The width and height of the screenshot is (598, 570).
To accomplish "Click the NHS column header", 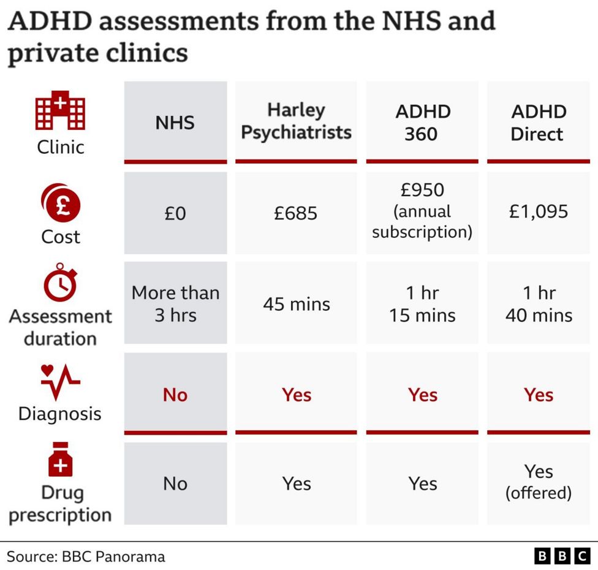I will click(x=175, y=122).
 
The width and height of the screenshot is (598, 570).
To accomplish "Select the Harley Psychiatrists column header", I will click(x=296, y=121).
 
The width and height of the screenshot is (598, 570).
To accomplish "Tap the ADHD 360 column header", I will click(x=422, y=122).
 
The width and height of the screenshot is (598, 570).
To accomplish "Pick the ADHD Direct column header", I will click(x=538, y=122).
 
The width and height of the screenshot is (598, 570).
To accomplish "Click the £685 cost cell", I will click(x=296, y=213).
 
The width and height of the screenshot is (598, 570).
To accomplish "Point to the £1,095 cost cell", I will click(x=538, y=211).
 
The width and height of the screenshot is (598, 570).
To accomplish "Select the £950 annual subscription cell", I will click(x=422, y=211).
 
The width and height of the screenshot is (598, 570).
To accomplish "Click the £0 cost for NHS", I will click(x=175, y=213).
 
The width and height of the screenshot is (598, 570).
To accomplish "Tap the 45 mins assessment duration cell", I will click(x=296, y=303).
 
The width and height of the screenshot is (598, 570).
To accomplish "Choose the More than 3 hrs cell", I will click(x=175, y=303).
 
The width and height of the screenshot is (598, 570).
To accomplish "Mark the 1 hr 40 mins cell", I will click(x=538, y=303).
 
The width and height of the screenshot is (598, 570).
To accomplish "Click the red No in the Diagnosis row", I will click(x=175, y=395).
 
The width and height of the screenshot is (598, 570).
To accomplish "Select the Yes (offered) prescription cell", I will click(x=538, y=482).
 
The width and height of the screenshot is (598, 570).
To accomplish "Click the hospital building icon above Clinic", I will click(x=60, y=111).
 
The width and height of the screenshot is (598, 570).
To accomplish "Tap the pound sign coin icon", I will click(x=60, y=203).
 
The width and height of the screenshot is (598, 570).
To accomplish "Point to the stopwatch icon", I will click(x=60, y=283).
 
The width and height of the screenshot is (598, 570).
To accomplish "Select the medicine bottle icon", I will click(x=60, y=460).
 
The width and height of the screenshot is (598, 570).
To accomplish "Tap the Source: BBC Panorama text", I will click(x=86, y=557).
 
